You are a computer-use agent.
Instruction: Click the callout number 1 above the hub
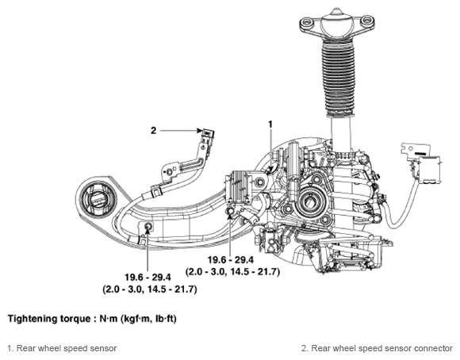click(270, 124)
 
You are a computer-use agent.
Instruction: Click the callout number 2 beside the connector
click(153, 131)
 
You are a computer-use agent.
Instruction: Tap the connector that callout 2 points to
click(207, 133)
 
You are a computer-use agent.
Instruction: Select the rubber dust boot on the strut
click(338, 78)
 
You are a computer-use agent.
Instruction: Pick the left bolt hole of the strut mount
click(306, 22)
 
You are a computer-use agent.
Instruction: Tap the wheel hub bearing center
click(310, 202)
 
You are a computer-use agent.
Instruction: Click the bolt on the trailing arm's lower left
click(148, 226)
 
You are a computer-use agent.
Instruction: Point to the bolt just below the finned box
click(230, 211)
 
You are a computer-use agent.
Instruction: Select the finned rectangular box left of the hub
click(239, 186)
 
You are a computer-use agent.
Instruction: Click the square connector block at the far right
click(429, 170)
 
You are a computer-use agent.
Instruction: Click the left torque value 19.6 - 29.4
click(148, 277)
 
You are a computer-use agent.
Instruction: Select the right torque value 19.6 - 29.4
click(231, 259)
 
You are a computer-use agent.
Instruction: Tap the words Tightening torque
click(49, 319)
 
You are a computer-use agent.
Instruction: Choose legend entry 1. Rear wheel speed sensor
click(62, 348)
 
